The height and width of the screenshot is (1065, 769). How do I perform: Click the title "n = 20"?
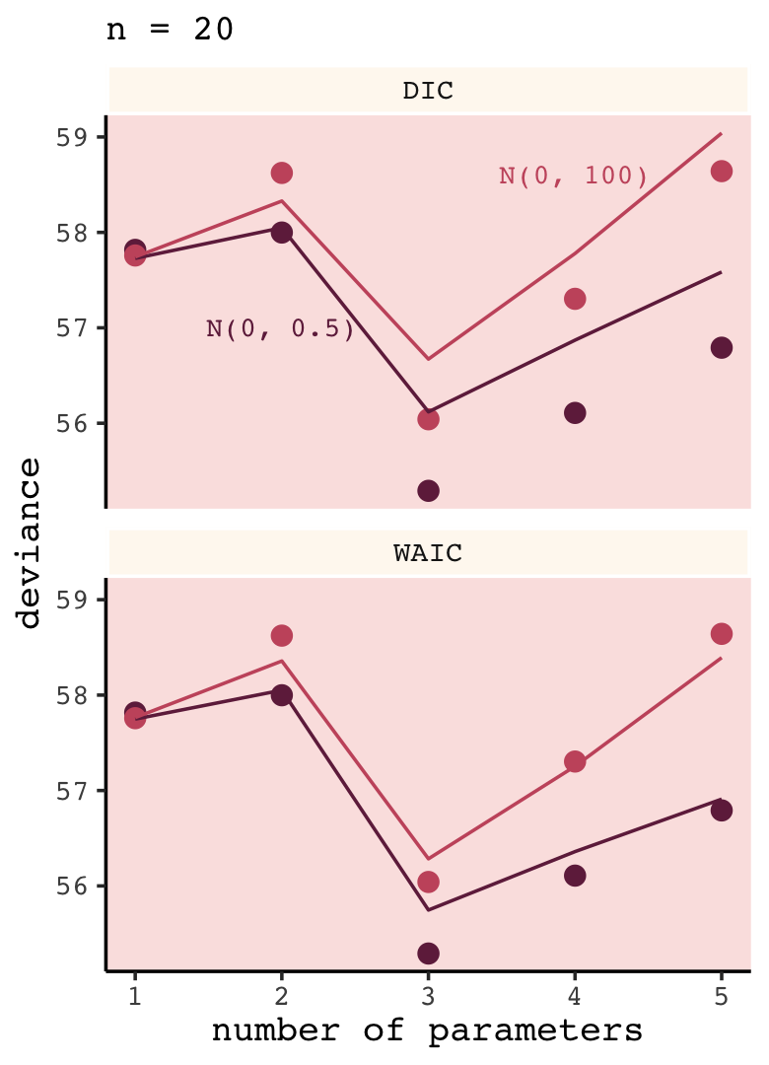tap(170, 30)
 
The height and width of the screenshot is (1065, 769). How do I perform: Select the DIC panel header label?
tap(428, 91)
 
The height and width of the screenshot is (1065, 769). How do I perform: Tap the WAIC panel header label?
tap(428, 553)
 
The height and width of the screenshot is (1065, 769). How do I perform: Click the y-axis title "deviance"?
tap(30, 542)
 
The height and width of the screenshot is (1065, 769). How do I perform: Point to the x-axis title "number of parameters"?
tap(428, 1031)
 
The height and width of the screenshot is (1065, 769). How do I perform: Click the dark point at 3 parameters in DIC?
tap(428, 490)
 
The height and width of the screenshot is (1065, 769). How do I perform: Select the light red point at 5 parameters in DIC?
tap(721, 172)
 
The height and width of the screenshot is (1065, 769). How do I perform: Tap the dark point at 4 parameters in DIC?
tap(575, 412)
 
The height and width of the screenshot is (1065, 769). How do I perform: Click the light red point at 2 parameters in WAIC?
tap(281, 635)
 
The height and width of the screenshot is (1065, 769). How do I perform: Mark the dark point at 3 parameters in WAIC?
tap(428, 953)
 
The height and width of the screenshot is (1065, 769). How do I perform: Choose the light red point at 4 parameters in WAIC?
tap(575, 761)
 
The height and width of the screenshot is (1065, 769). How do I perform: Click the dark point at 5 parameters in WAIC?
tap(721, 811)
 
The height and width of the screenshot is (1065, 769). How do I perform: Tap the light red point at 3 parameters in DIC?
tap(428, 419)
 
